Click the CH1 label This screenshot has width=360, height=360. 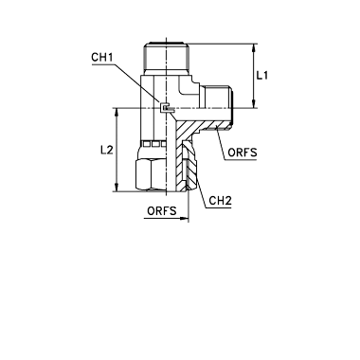(102, 58)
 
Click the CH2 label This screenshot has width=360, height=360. (221, 201)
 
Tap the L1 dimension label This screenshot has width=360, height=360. (261, 76)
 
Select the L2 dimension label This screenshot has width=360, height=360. (107, 151)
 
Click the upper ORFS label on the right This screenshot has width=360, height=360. (243, 153)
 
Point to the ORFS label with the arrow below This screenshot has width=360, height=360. (162, 210)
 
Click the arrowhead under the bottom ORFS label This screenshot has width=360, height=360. (184, 218)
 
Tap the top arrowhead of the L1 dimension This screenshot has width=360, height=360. (253, 48)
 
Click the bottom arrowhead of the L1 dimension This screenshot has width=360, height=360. (253, 103)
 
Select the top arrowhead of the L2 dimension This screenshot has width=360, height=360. (117, 113)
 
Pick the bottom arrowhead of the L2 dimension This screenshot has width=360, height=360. (117, 187)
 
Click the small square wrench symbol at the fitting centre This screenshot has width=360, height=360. (165, 108)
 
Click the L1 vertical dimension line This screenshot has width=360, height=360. (253, 76)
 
